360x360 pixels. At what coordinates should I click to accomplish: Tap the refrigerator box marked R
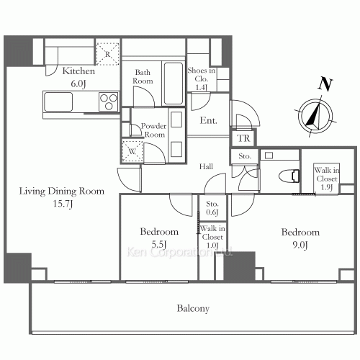pos(107,54)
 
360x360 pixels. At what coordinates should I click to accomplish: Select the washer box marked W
pos(132,152)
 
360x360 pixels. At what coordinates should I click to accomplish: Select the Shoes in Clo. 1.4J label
pos(202,76)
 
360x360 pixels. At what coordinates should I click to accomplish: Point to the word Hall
pos(207,166)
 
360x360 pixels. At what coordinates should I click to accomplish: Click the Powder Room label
pos(153,130)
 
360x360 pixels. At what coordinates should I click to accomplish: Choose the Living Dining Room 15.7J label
pos(61,197)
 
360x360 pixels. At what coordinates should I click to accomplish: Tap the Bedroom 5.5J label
pos(159,238)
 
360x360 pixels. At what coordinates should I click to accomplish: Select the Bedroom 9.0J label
pos(300,238)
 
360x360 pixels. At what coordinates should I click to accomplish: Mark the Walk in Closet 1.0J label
pos(212,237)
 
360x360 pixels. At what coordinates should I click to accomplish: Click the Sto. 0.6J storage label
pos(212,207)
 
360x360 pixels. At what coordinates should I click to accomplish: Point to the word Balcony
pos(193,309)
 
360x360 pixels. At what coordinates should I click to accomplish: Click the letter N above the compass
pos(325,83)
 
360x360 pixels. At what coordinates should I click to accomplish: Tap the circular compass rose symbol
pos(312,116)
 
